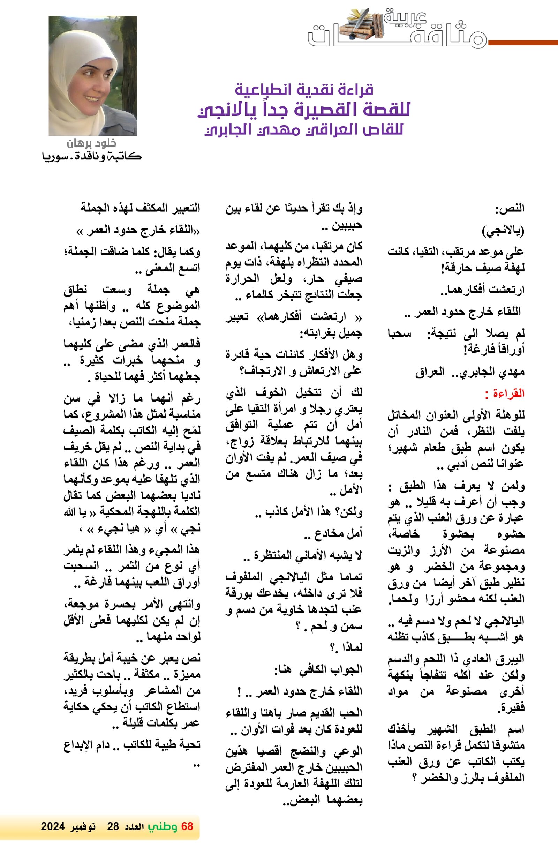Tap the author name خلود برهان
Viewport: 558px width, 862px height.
click(91, 143)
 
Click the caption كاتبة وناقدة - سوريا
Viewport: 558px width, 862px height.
click(91, 157)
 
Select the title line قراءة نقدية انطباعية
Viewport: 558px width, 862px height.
click(304, 89)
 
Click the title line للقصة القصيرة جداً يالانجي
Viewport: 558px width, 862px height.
click(304, 110)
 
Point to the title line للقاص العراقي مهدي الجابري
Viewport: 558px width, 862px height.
click(304, 130)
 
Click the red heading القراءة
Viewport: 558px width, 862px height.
click(505, 393)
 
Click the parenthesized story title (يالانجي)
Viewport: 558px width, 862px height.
click(503, 231)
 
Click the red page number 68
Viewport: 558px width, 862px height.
click(187, 826)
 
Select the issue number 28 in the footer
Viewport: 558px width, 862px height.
click(113, 826)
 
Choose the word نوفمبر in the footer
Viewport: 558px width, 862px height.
click(83, 826)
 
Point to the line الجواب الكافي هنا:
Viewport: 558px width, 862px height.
click(318, 669)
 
